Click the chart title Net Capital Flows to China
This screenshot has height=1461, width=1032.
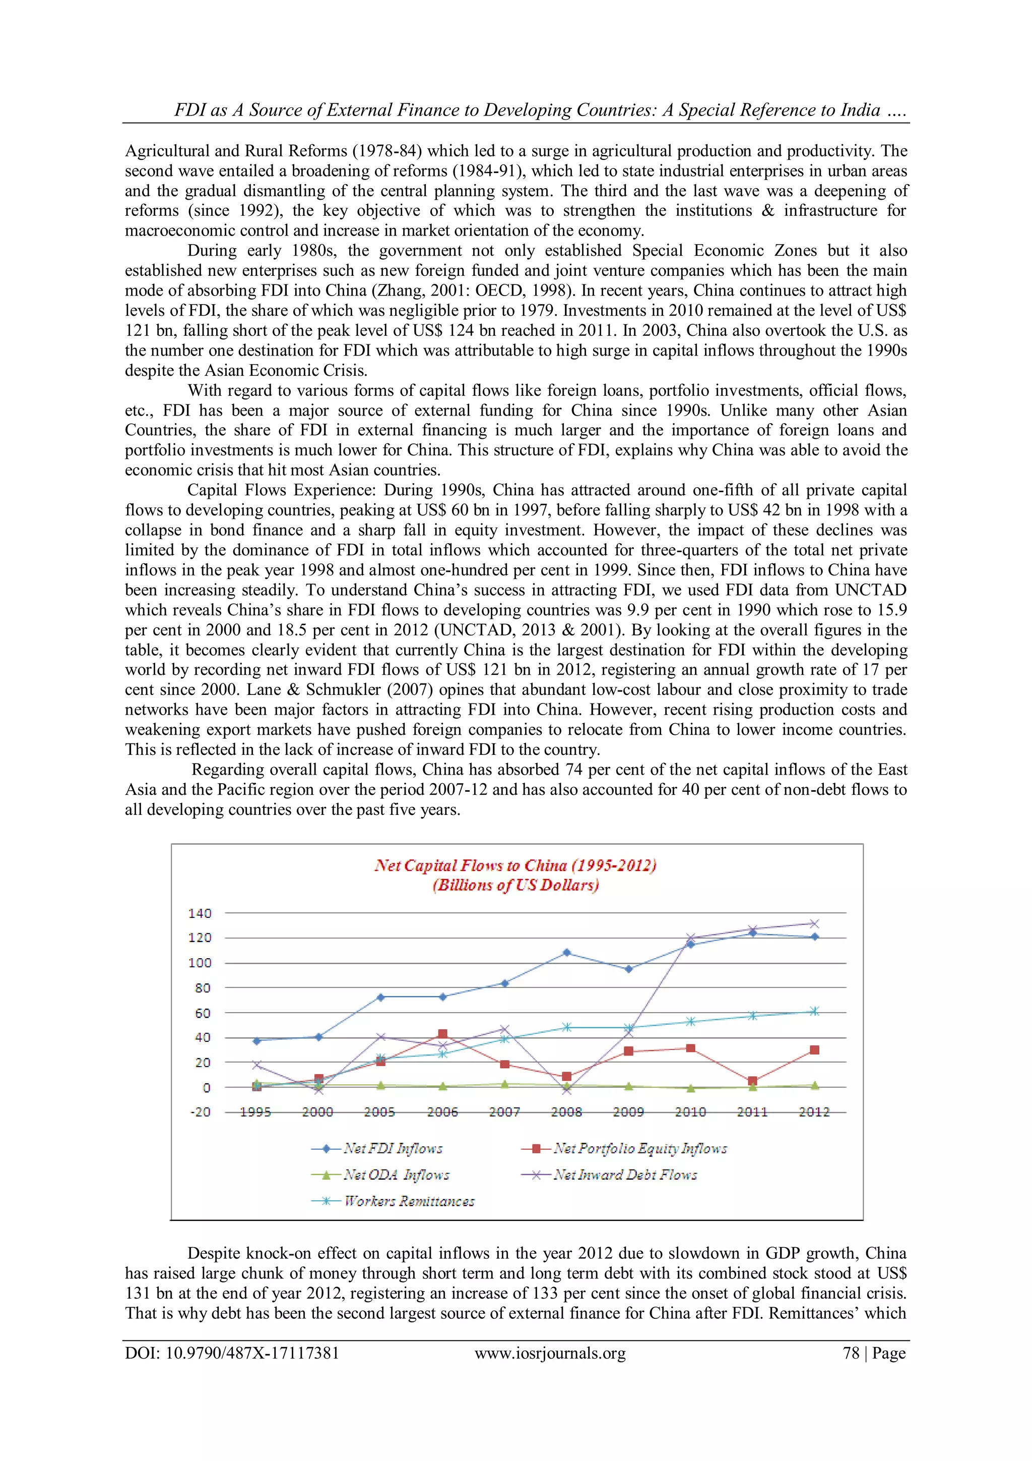coord(515,865)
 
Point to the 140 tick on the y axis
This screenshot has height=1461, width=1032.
coord(200,913)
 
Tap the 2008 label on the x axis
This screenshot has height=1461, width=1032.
coord(566,1113)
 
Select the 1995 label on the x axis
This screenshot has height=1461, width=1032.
coord(255,1113)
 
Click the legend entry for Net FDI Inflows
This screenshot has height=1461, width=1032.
coord(393,1148)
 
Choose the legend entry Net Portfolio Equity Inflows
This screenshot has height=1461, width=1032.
coord(639,1148)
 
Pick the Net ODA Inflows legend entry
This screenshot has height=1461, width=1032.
coord(396,1175)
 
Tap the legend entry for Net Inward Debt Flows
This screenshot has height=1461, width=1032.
coord(625,1175)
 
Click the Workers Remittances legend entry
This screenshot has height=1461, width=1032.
coord(409,1201)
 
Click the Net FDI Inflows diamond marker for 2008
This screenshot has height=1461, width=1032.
coord(566,953)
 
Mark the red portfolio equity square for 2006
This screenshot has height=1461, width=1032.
coord(442,1034)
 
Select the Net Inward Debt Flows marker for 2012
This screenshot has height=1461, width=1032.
coord(814,923)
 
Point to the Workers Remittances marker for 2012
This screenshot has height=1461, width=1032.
coord(814,1011)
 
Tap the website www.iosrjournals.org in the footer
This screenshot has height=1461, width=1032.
coord(550,1353)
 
